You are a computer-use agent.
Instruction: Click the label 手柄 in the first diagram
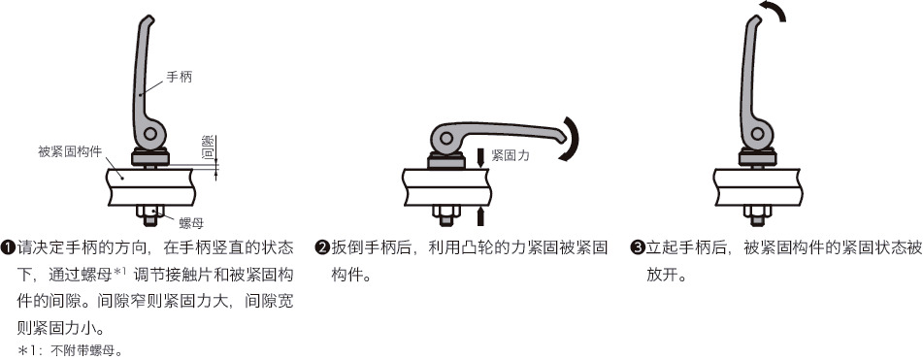180,75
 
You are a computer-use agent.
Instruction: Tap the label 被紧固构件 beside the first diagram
70,151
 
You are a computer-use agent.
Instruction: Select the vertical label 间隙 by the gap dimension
207,148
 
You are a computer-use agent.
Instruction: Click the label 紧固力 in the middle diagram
510,154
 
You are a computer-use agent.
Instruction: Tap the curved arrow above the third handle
773,11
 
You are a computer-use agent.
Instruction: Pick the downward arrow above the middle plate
480,156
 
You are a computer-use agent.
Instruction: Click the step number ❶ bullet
8,247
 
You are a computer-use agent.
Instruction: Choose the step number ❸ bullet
637,247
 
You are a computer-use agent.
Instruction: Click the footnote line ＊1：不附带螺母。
69,349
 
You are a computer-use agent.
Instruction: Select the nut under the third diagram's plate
758,213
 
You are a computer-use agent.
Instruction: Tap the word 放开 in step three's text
665,275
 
